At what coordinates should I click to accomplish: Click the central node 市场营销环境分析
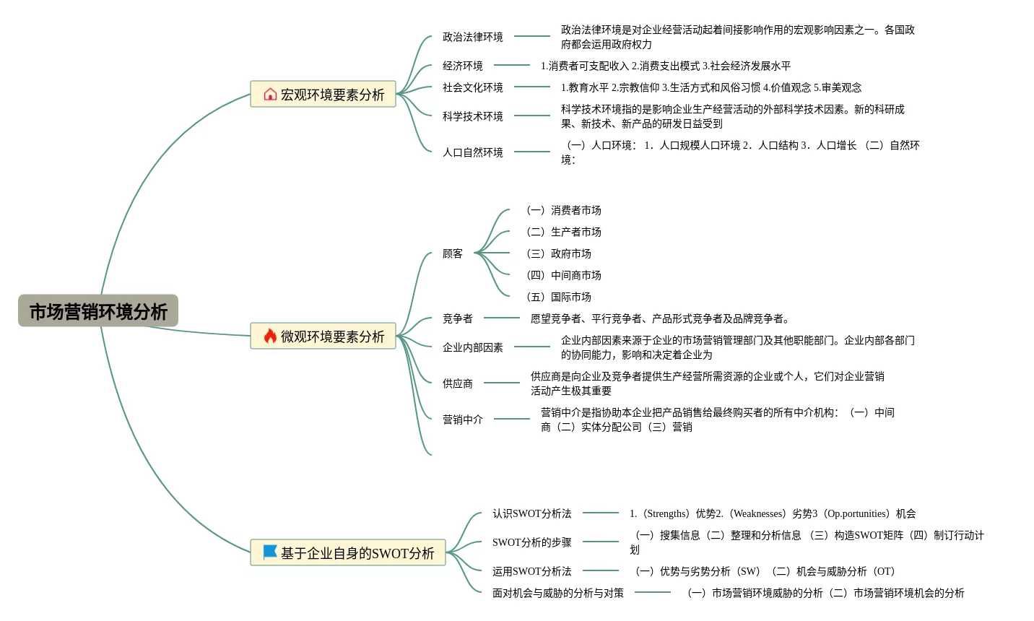(98, 311)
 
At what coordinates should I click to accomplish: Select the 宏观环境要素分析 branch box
(323, 95)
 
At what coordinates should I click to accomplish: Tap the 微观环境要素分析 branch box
(323, 336)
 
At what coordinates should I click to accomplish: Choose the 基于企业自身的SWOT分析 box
(348, 553)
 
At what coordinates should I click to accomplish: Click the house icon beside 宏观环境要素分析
(270, 95)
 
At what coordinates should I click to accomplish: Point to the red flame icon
(270, 336)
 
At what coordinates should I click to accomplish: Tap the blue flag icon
(270, 552)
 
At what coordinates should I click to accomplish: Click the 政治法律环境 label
(472, 37)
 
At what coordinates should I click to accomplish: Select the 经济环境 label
(462, 66)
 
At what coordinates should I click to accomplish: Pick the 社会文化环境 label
(472, 87)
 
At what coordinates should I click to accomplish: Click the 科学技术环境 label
(472, 116)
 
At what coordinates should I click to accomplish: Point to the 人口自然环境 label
(472, 152)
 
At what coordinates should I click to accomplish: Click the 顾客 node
(453, 253)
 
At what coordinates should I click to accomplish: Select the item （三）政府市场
(558, 253)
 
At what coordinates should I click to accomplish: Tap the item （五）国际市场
(558, 297)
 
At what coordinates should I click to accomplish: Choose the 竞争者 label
(457, 318)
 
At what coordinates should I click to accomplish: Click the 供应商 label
(457, 383)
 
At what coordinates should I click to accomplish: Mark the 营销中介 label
(462, 420)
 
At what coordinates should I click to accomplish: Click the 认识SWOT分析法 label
(531, 513)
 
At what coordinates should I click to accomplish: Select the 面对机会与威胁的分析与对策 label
(557, 593)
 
